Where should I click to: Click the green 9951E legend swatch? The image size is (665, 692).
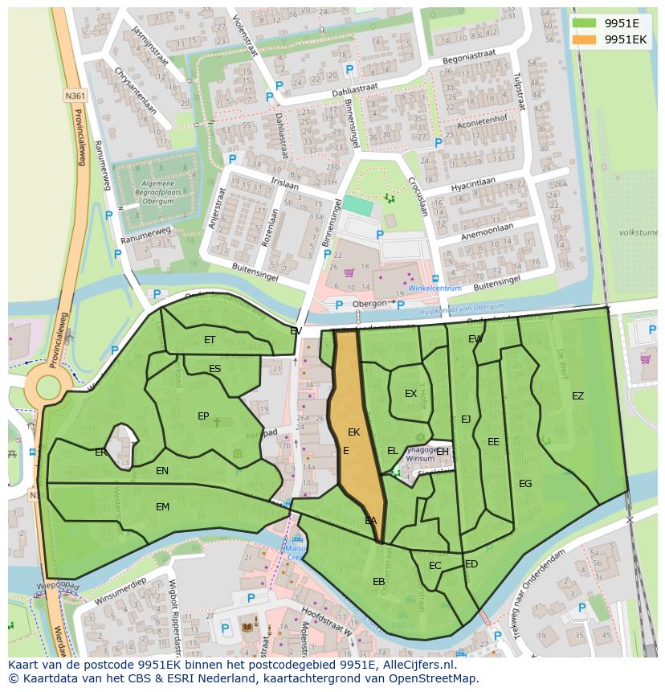click(x=584, y=23)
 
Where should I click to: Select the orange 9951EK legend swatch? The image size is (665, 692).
click(x=584, y=39)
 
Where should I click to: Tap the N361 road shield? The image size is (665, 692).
click(x=75, y=96)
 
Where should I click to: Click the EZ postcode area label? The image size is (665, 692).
click(x=577, y=396)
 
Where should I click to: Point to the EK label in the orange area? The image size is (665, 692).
click(x=353, y=432)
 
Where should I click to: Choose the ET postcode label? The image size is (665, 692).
click(x=210, y=340)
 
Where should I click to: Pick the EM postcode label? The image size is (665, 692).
click(x=163, y=507)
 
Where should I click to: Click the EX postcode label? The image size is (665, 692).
click(x=410, y=394)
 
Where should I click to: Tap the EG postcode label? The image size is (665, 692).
click(x=525, y=484)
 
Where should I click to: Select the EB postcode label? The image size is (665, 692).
click(x=378, y=582)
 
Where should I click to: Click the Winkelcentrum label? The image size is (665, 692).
click(x=434, y=289)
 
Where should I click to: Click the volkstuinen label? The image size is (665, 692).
click(x=638, y=232)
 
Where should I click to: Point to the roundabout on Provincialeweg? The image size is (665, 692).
click(x=47, y=387)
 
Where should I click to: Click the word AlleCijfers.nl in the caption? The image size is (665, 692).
click(x=418, y=665)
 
